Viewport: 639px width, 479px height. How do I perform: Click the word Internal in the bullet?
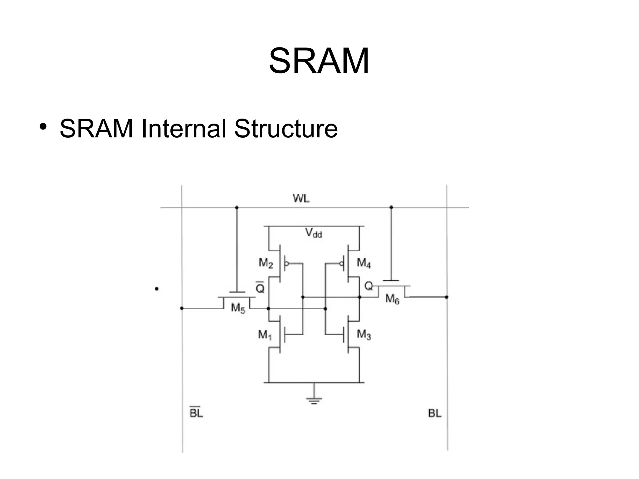183,128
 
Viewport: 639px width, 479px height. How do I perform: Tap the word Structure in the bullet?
286,128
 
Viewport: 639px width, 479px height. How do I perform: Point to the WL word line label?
301,198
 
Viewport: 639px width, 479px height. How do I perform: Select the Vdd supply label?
314,233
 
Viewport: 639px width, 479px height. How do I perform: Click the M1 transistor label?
265,335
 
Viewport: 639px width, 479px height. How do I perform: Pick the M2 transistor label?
266,263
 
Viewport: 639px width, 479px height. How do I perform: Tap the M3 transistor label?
364,335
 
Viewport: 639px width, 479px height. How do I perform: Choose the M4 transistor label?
364,263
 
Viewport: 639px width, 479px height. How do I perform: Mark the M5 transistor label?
238,308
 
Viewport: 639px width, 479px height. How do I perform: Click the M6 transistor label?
392,299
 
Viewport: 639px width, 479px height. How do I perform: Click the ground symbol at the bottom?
314,400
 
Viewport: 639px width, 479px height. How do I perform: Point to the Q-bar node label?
260,288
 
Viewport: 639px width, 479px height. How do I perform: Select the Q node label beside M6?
368,286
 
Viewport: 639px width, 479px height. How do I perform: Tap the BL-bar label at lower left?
196,413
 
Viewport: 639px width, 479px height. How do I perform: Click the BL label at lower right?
435,413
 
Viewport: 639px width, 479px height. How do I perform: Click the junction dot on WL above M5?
237,208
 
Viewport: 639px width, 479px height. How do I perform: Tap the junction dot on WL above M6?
391,207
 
